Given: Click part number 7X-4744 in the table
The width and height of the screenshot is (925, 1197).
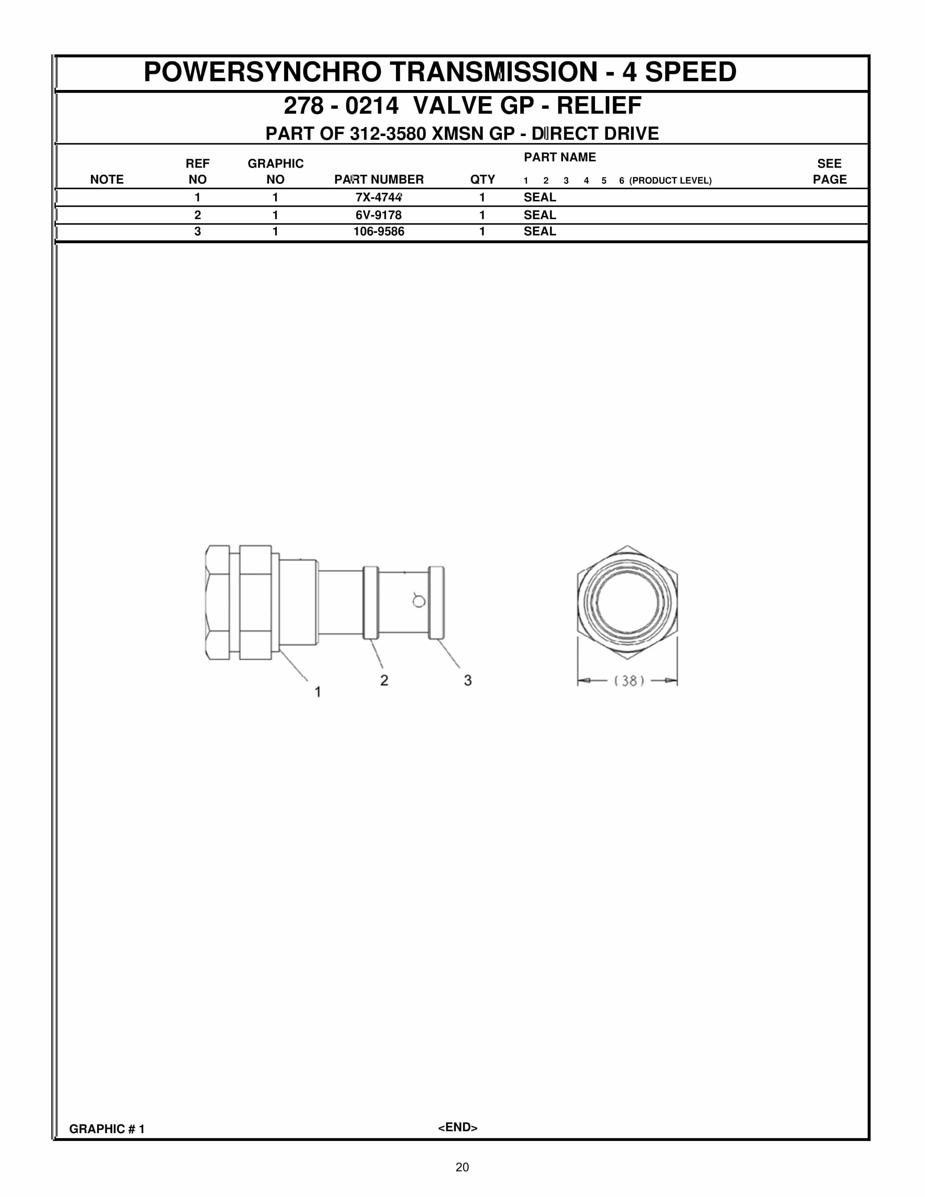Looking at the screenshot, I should click(x=378, y=197).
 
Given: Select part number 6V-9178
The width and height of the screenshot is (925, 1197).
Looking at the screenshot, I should click(x=378, y=215).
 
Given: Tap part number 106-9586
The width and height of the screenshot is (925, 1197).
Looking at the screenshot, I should click(x=378, y=231).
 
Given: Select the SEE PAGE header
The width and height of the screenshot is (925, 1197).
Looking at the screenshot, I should click(x=829, y=172).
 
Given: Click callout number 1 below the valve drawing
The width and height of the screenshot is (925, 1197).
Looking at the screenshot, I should click(x=317, y=692).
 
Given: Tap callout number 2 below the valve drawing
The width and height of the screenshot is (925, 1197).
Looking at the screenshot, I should click(x=384, y=680).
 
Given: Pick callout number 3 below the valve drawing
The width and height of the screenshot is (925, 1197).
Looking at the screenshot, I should click(x=467, y=680).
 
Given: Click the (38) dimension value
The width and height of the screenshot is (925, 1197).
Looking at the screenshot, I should click(x=628, y=681).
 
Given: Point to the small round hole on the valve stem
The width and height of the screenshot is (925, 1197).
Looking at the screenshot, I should click(x=419, y=601).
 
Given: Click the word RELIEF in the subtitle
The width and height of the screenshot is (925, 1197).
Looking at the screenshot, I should click(x=599, y=106).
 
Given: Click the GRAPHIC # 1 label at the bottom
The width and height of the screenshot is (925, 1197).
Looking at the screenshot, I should click(x=107, y=1129).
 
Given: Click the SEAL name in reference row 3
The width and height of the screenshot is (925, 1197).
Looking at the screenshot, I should click(x=539, y=231).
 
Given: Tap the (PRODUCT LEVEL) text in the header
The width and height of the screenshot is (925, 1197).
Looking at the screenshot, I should click(x=670, y=180).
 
